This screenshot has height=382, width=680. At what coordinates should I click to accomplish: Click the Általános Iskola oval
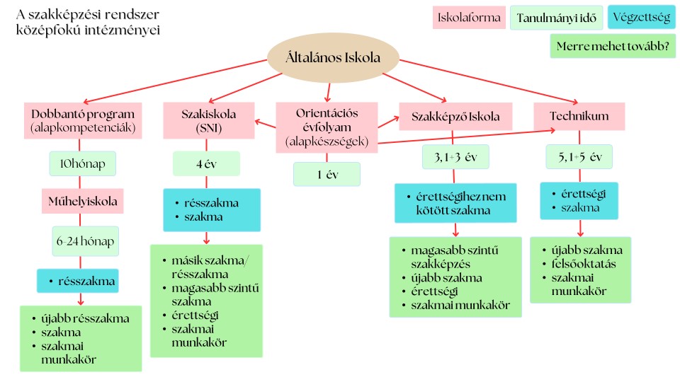[333, 57]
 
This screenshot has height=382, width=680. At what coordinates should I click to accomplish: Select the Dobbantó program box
[83, 121]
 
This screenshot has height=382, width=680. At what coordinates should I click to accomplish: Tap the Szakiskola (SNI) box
[208, 121]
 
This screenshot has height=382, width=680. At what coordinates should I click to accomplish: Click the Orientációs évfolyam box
[327, 127]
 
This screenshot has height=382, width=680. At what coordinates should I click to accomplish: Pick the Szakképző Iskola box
[455, 117]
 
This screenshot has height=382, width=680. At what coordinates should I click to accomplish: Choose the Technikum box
[579, 116]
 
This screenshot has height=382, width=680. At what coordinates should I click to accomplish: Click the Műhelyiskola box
[82, 201]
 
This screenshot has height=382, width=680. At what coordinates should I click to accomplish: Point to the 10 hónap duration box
[82, 163]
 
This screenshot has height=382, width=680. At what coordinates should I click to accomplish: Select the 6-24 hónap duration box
[86, 241]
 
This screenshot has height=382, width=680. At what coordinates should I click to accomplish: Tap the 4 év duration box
[206, 163]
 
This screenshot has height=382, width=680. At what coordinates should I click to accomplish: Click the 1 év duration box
[327, 174]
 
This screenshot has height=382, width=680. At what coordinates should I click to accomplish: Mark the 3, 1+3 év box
[455, 157]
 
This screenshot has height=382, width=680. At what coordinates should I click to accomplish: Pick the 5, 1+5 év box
[579, 157]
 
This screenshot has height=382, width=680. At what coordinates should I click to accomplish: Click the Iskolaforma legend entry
[469, 18]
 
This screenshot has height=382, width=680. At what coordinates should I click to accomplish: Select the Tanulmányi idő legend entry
[557, 18]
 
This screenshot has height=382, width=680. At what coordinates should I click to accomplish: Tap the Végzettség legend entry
[642, 17]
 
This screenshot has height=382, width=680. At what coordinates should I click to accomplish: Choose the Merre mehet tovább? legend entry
[613, 46]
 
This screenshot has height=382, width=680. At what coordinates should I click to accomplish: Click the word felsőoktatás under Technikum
[584, 264]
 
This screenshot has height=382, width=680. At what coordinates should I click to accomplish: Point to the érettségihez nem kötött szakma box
[455, 203]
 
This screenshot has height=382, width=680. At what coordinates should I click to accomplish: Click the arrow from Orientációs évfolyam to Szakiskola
[266, 125]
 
